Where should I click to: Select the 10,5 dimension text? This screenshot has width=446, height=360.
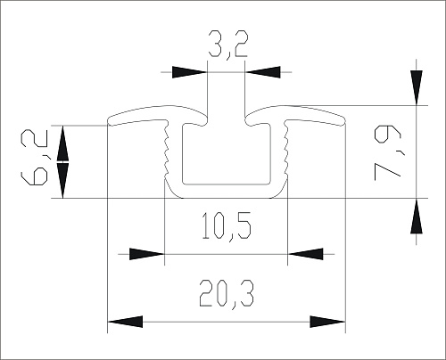226,228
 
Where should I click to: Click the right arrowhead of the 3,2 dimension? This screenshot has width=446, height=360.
260,72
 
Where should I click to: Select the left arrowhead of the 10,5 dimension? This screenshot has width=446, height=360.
147,254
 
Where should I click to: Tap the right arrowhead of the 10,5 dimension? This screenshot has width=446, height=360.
305,254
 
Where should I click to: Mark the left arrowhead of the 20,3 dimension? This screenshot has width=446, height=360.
124,321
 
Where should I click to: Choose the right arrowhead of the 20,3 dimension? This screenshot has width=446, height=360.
327,321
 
